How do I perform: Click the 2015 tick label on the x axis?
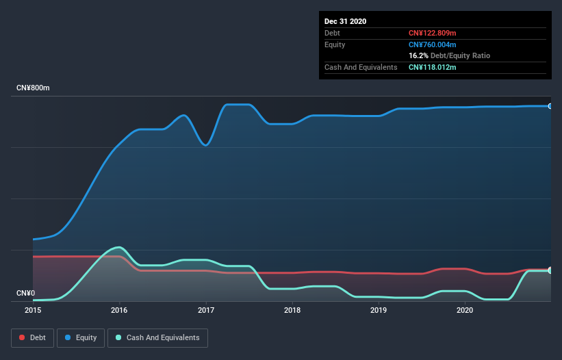(33, 310)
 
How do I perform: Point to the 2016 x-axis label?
(119, 310)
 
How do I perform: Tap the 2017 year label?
(205, 310)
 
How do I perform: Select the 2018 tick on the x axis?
(292, 310)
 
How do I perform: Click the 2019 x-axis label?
(379, 310)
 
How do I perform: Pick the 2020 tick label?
(465, 310)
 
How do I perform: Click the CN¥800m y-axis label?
(34, 88)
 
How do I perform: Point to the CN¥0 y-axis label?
(25, 294)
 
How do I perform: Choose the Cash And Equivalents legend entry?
(157, 337)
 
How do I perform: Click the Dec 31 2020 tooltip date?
(345, 21)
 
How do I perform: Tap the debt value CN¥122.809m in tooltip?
(432, 33)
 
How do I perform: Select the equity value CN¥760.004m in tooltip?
(432, 44)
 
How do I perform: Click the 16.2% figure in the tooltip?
(418, 55)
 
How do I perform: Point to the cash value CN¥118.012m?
(432, 67)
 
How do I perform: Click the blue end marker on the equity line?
(550, 106)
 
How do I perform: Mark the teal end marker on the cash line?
(550, 270)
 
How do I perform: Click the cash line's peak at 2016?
(120, 247)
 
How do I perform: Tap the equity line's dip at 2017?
(205, 145)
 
